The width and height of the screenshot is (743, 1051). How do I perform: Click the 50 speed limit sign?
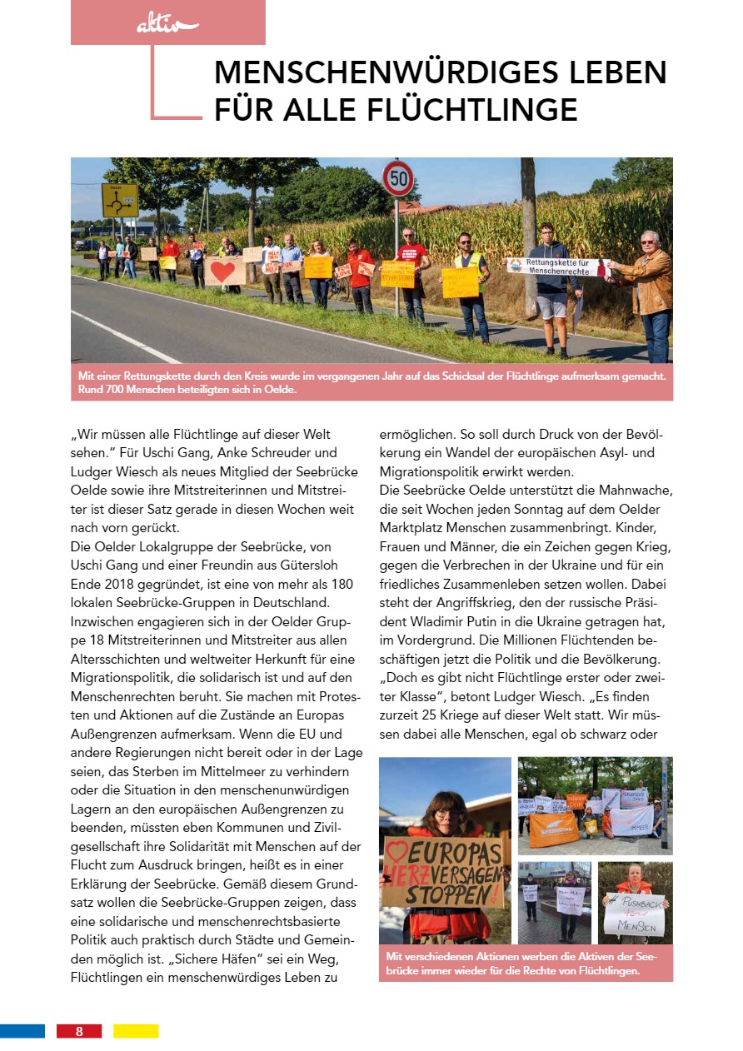(x=397, y=178)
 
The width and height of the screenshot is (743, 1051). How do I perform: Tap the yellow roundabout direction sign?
(x=120, y=200)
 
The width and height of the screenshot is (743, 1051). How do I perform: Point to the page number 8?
(x=79, y=1031)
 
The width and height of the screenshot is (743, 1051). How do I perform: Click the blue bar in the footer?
(x=22, y=1031)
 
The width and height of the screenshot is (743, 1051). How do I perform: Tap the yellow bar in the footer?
(x=136, y=1031)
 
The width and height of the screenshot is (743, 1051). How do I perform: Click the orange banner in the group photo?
(x=553, y=828)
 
